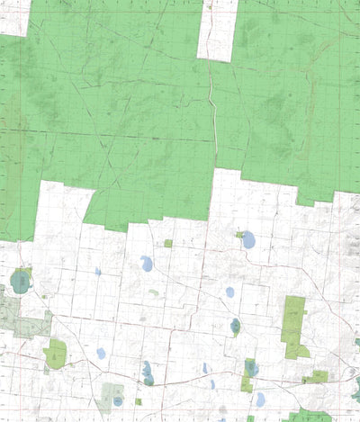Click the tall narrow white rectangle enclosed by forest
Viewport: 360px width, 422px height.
pyautogui.click(x=217, y=30)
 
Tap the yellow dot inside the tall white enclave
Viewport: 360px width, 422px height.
pyautogui.click(x=211, y=7)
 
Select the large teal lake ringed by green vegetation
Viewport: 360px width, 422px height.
pyautogui.click(x=20, y=283)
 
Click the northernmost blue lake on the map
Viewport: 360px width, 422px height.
pyautogui.click(x=247, y=240)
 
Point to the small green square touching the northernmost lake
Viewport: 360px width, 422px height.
pyautogui.click(x=239, y=236)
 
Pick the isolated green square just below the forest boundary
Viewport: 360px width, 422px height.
pyautogui.click(x=168, y=243)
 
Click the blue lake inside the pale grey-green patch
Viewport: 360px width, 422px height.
pyautogui.click(x=118, y=400)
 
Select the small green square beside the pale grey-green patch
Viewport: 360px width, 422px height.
pyautogui.click(x=139, y=402)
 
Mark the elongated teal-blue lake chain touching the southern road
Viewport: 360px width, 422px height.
pyautogui.click(x=147, y=373)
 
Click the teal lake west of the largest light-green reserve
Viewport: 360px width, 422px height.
pyautogui.click(x=235, y=326)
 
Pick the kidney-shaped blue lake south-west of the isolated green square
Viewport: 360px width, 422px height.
pyautogui.click(x=146, y=264)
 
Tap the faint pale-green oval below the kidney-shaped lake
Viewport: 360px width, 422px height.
pyautogui.click(x=154, y=292)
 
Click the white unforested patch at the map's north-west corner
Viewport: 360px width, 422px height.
pyautogui.click(x=13, y=16)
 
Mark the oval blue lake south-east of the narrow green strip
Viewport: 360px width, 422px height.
pyautogui.click(x=260, y=399)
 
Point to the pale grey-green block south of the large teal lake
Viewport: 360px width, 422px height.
pyautogui.click(x=12, y=315)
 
